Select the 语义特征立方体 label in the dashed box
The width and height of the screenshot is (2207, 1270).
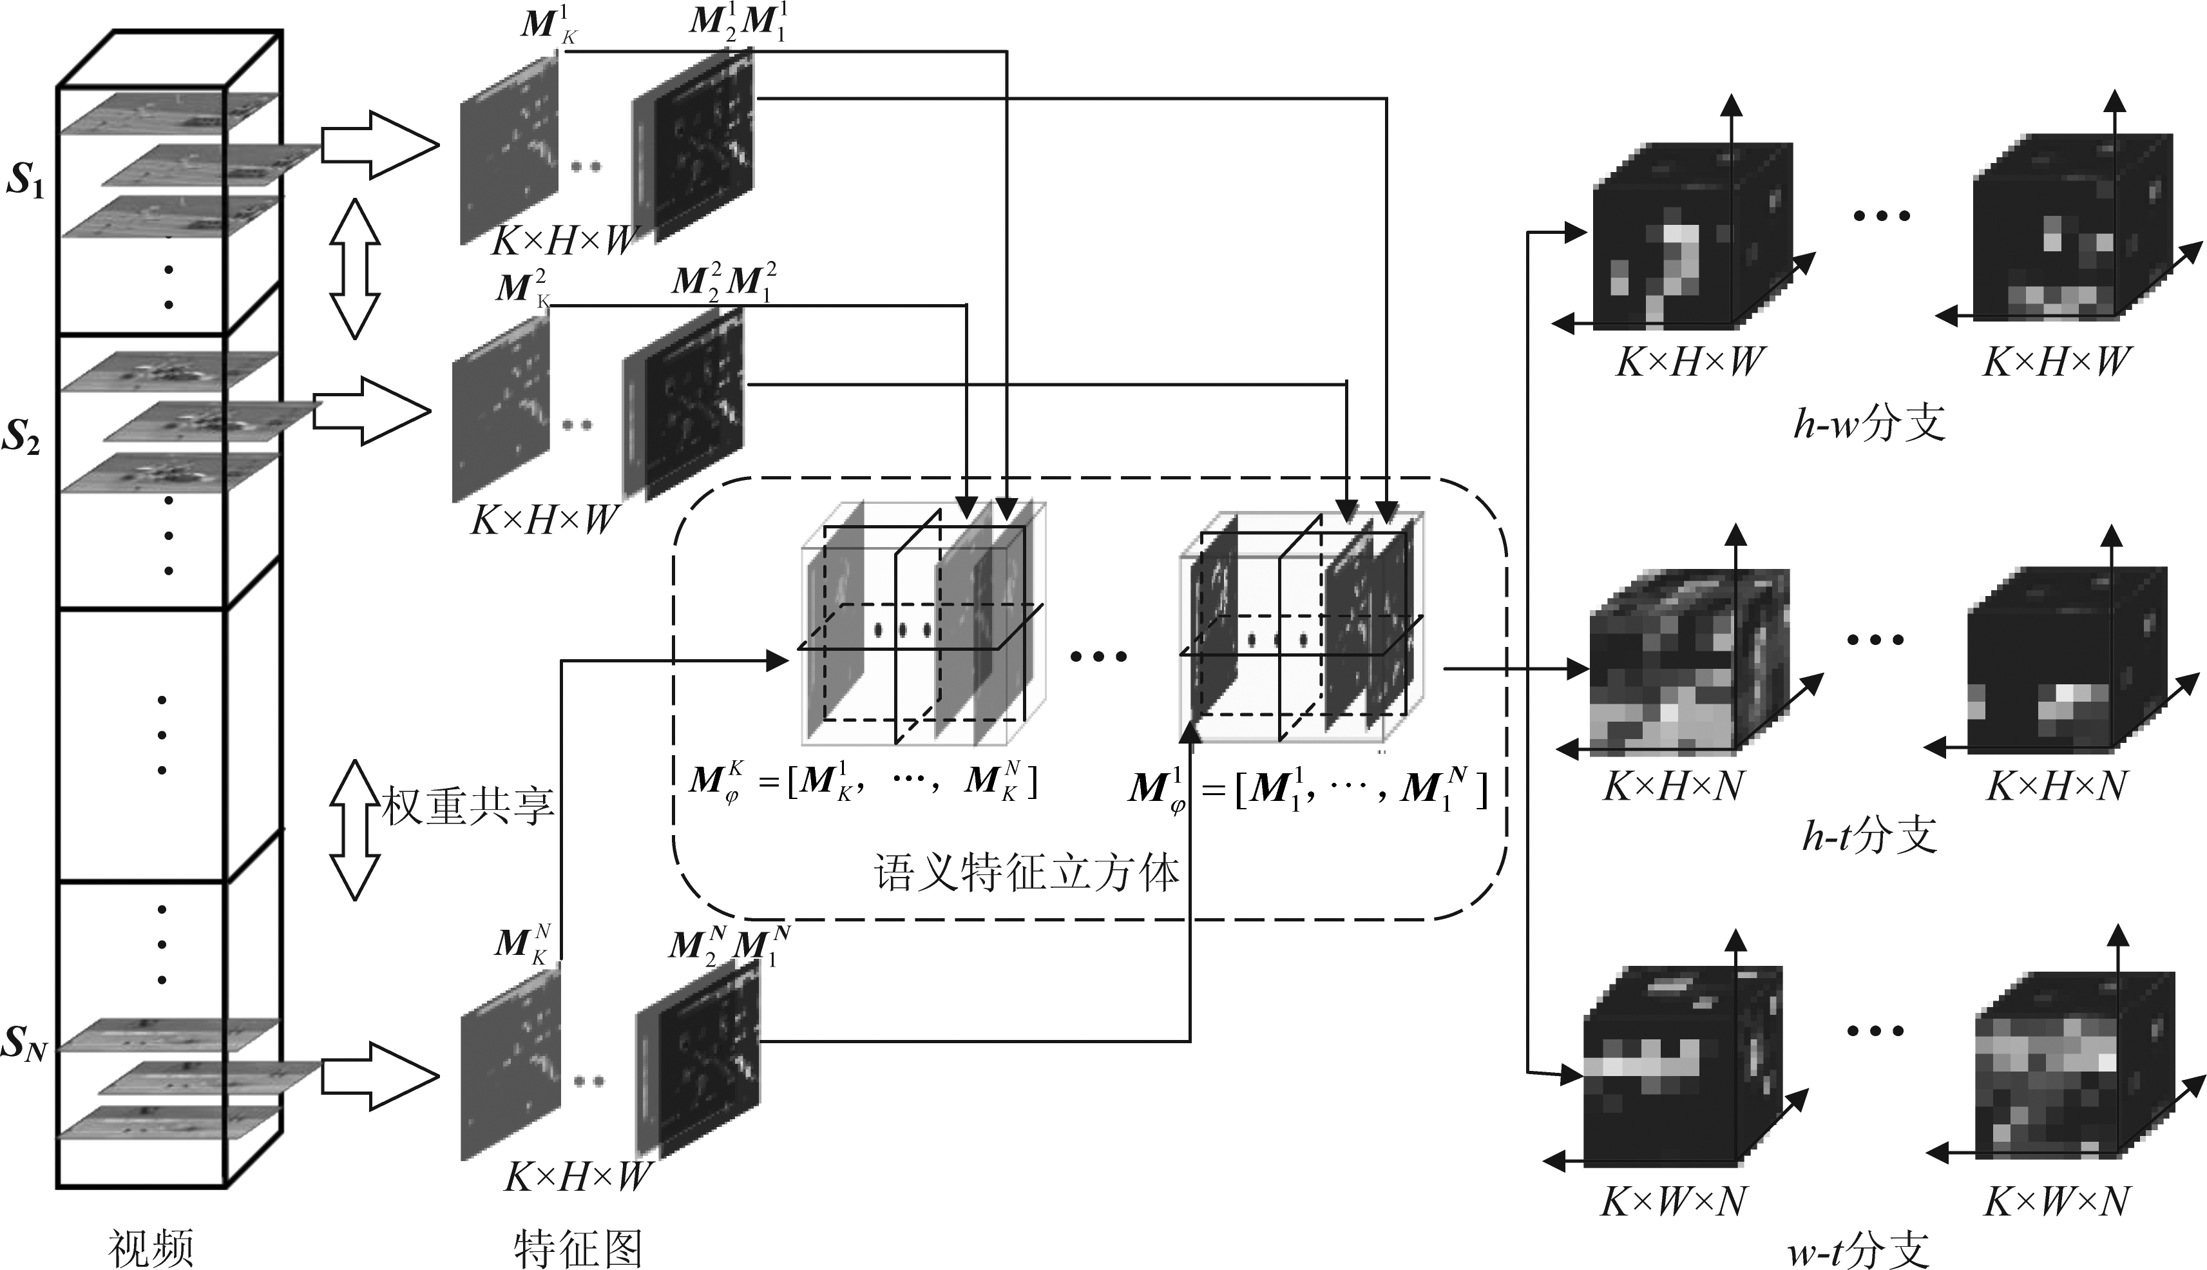click(x=1026, y=873)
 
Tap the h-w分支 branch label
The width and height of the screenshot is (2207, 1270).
click(x=1869, y=424)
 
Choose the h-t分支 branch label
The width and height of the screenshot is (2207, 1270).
click(x=1869, y=836)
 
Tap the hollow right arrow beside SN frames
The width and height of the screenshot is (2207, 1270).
click(x=379, y=1076)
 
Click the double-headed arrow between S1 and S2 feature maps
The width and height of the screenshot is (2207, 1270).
click(x=355, y=268)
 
